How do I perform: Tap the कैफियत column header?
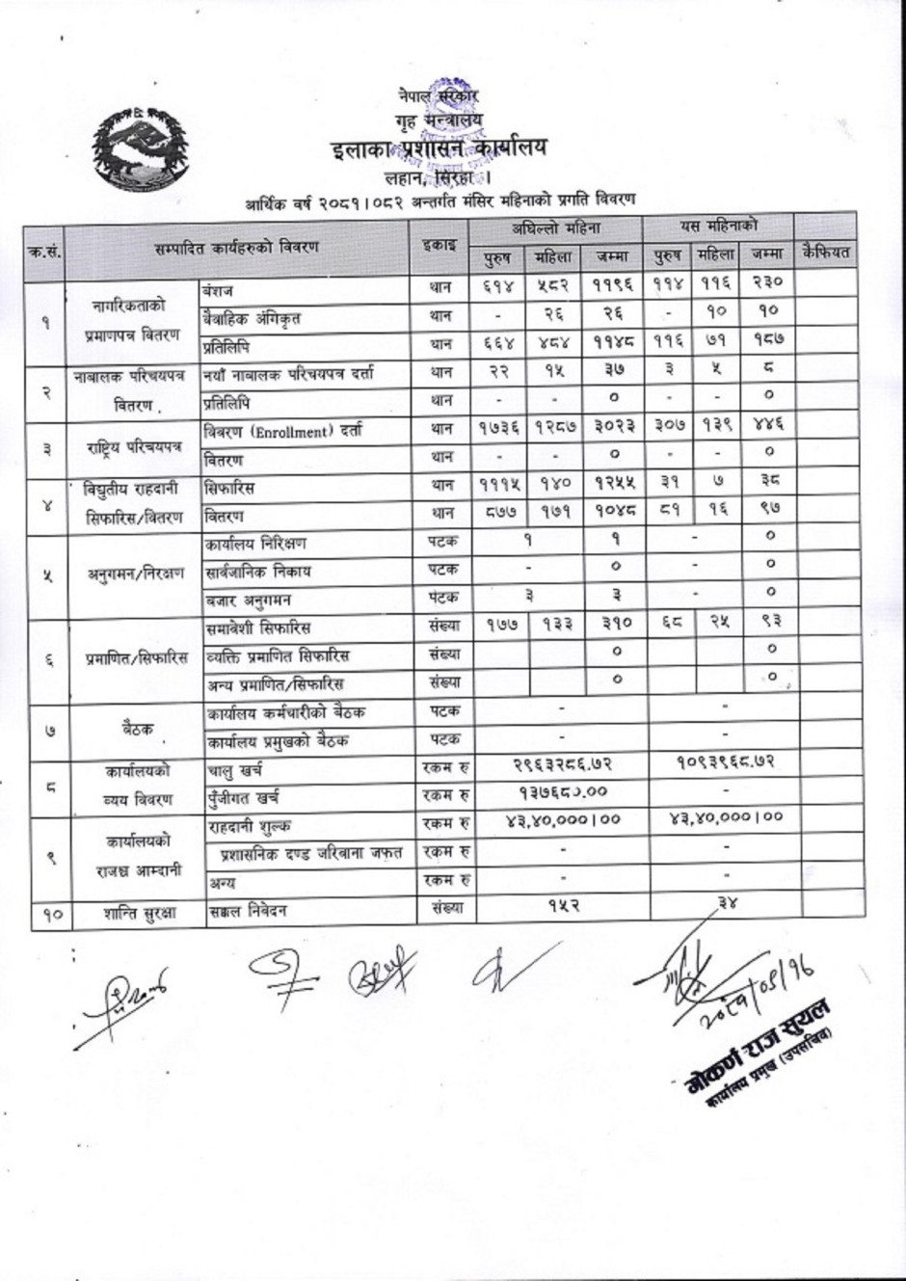(826, 253)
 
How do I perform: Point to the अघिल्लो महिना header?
(555, 228)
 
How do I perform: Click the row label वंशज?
(218, 289)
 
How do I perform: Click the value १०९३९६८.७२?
(724, 762)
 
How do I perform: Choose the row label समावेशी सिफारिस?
(257, 627)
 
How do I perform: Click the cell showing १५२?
(563, 907)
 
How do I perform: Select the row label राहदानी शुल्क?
(249, 826)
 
